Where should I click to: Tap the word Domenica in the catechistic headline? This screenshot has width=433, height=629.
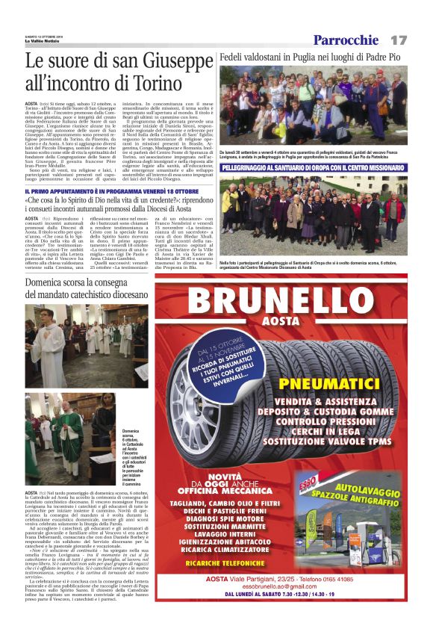click(x=52, y=285)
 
